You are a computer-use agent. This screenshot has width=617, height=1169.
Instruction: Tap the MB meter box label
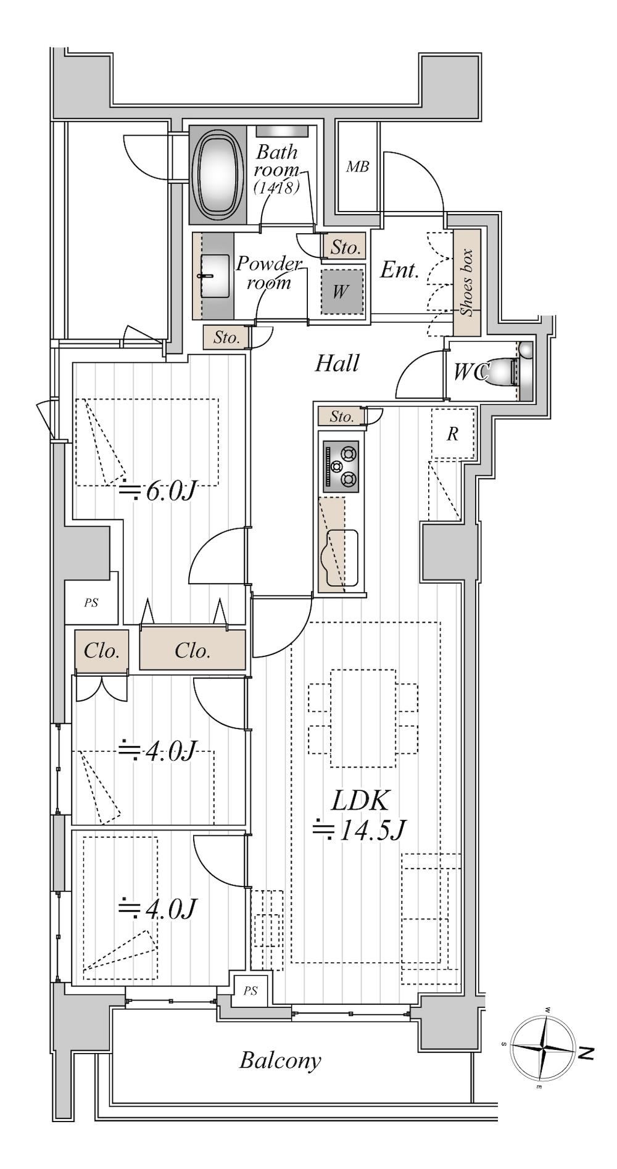point(357,167)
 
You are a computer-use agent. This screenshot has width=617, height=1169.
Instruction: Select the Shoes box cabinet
point(467,283)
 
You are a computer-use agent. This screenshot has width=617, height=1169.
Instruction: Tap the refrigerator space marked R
point(452,434)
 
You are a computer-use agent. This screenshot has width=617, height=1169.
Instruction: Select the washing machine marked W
point(341,291)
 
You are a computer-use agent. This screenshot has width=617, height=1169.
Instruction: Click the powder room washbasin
point(213,276)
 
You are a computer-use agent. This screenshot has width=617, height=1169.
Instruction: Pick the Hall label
point(337,363)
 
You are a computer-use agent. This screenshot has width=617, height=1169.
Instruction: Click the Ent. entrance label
point(399,270)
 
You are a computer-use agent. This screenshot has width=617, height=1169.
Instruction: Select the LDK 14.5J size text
point(360,814)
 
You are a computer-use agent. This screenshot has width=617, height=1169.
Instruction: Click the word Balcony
point(280,1060)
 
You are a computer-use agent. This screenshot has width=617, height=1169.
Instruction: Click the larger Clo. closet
point(192,650)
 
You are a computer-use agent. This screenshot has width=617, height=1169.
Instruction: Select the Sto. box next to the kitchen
point(341,416)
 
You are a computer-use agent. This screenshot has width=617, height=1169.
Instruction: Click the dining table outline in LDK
point(363,718)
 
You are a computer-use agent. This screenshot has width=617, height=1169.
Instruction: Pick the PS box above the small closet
point(91,603)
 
